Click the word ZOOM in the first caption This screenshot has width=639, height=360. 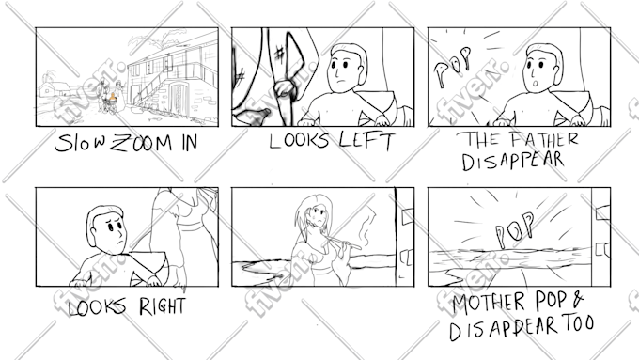pos(141,144)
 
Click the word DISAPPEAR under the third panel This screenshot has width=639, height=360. pos(513,161)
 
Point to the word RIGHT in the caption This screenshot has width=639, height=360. pos(162,306)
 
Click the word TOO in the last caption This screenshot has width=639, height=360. pos(578,323)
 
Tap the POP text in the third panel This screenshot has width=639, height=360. pos(453,65)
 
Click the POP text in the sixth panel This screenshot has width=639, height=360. pos(514,229)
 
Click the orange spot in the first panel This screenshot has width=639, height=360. pos(113,98)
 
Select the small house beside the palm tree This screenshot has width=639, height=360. pos(55,89)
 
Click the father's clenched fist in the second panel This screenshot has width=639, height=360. pos(285,89)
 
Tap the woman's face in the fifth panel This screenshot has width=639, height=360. pos(318,213)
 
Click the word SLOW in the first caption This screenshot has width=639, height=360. pos(81,143)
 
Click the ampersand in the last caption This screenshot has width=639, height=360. pos(578,300)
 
